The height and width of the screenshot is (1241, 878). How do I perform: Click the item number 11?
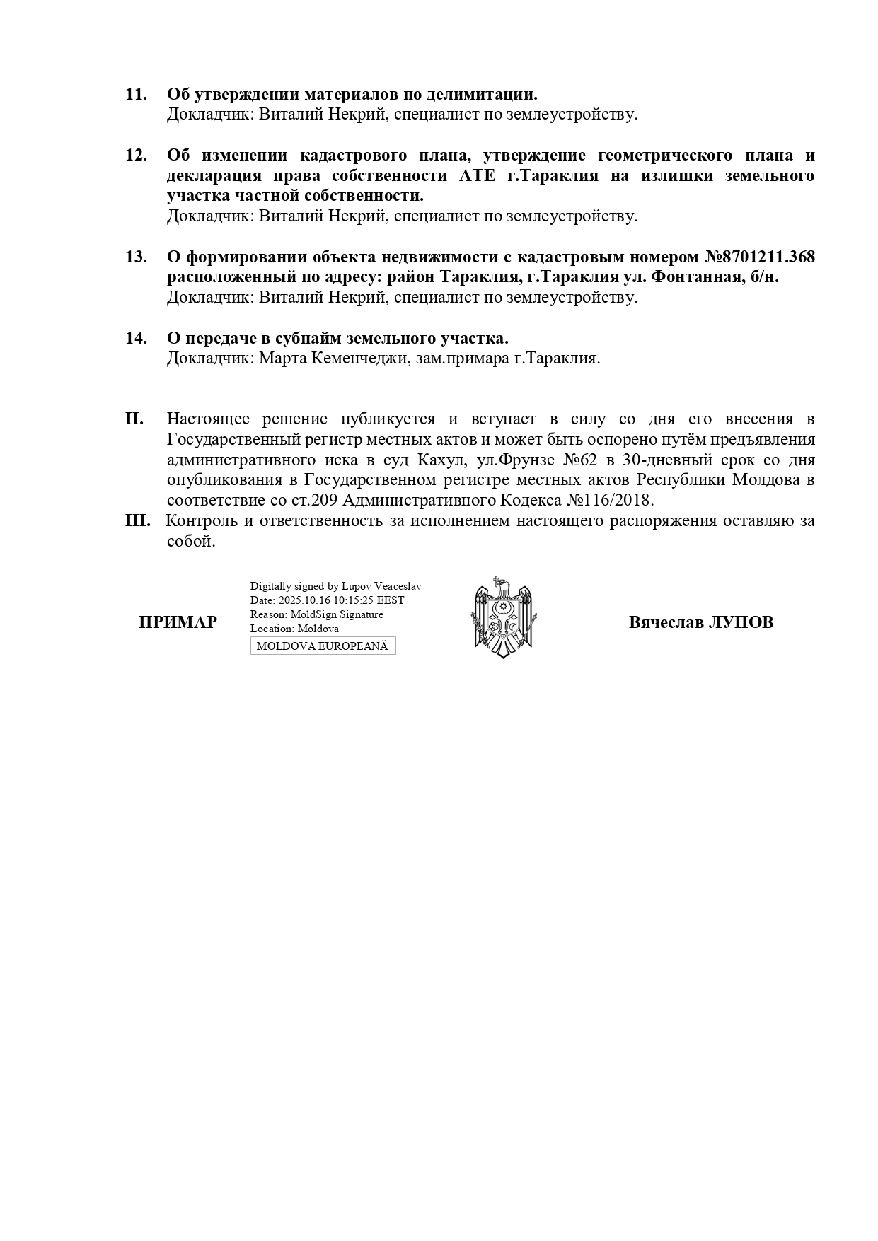coord(136,94)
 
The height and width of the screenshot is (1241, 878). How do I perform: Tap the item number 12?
coord(136,156)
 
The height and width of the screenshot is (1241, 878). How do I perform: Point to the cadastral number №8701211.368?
coord(759,257)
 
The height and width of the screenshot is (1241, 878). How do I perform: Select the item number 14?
coord(136,338)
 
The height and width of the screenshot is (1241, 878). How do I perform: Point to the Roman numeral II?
coord(134,419)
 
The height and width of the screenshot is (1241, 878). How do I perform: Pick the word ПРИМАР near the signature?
coord(178,623)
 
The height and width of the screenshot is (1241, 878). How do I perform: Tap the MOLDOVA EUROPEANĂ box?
coord(323,646)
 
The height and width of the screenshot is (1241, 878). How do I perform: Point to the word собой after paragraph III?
coord(190,542)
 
